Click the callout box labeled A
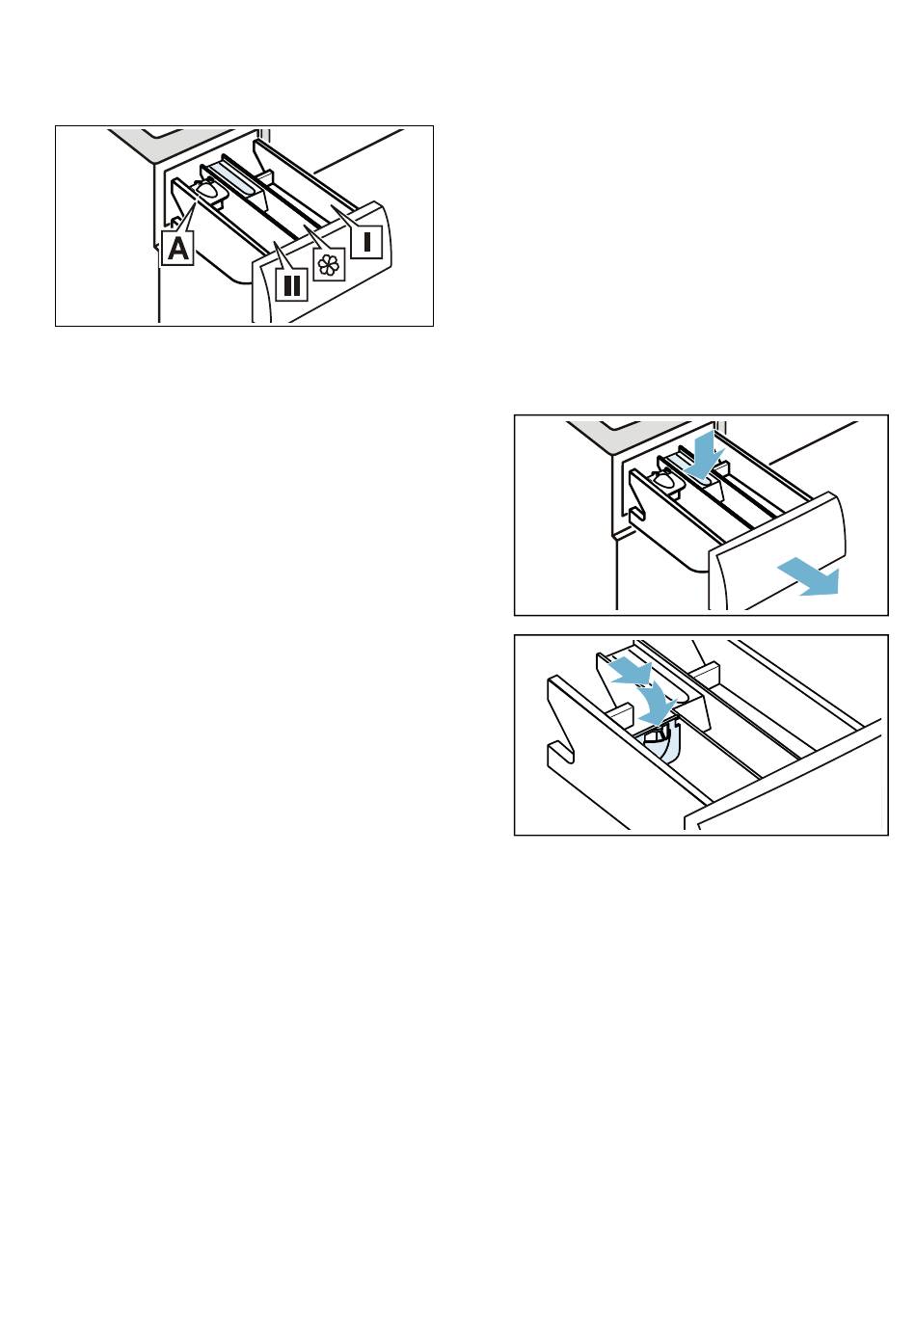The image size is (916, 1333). (x=177, y=248)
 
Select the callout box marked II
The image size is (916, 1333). (x=291, y=284)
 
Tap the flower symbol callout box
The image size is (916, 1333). (x=329, y=264)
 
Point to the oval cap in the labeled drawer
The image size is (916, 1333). (x=207, y=190)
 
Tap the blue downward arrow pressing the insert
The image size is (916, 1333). (x=704, y=457)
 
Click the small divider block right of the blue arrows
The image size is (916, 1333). (x=704, y=673)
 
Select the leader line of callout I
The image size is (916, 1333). (x=344, y=217)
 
